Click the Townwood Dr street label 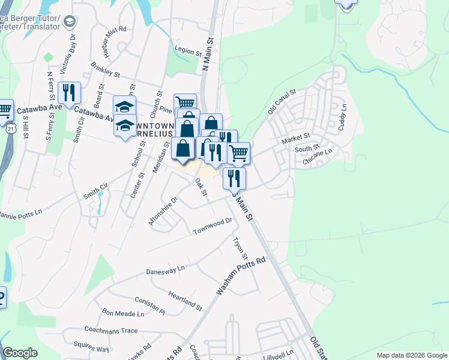pyautogui.click(x=212, y=227)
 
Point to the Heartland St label pyautogui.click(x=185, y=300)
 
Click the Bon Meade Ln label pyautogui.click(x=124, y=313)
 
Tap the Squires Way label pyautogui.click(x=91, y=347)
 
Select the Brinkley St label pyautogui.click(x=106, y=71)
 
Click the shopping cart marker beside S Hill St pyautogui.click(x=5, y=109)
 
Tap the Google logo pyautogui.click(x=20, y=353)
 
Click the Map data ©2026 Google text pyautogui.click(x=411, y=355)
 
